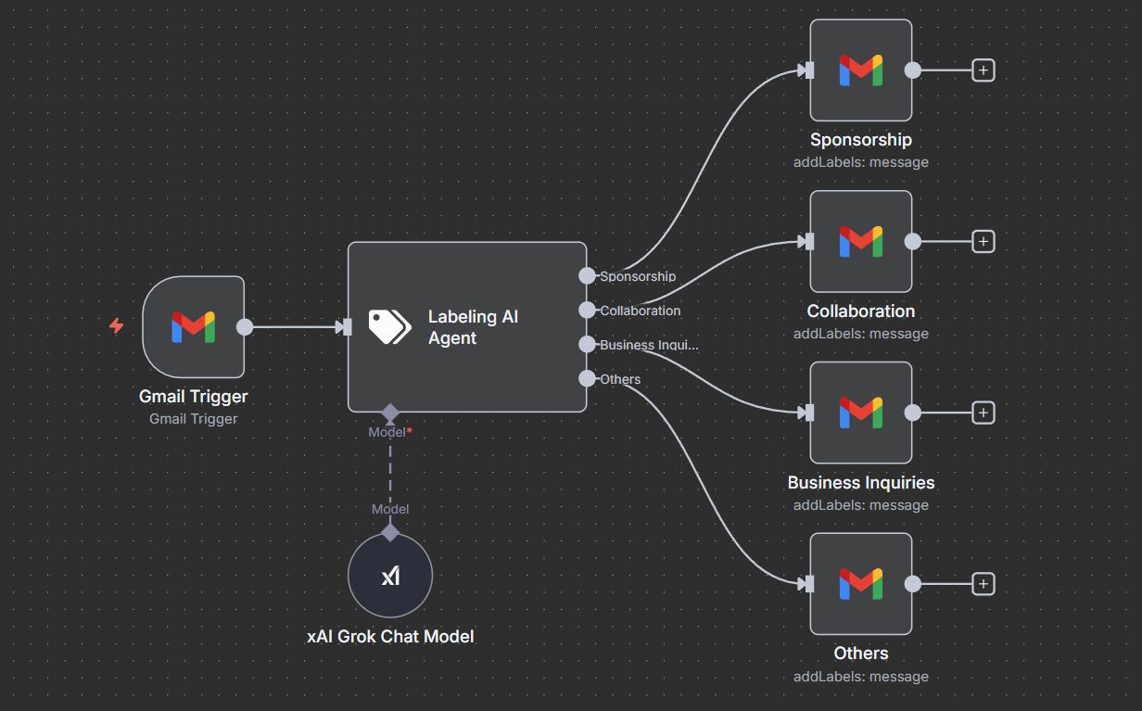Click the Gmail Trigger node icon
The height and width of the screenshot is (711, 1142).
(x=193, y=326)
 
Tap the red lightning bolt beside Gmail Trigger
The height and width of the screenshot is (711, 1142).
(x=116, y=326)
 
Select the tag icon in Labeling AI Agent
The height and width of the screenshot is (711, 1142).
(x=389, y=326)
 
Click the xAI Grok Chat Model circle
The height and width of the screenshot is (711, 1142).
(x=390, y=575)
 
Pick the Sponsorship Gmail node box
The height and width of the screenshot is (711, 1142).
(x=860, y=70)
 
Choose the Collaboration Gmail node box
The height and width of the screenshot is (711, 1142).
(x=860, y=242)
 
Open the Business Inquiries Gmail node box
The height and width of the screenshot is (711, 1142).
(x=860, y=413)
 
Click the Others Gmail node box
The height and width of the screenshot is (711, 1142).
(x=860, y=584)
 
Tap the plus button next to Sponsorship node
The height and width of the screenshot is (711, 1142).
(x=983, y=70)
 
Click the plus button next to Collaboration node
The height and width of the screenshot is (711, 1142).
(x=983, y=242)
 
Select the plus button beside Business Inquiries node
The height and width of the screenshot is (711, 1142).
(x=983, y=413)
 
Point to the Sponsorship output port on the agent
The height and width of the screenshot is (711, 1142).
(x=587, y=275)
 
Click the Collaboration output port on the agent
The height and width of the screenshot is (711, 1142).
(x=587, y=310)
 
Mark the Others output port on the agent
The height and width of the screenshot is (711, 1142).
(x=587, y=378)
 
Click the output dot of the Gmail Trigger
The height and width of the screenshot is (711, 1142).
(x=245, y=326)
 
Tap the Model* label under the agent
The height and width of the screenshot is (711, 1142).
(x=389, y=432)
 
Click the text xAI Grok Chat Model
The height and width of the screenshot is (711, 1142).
(x=390, y=637)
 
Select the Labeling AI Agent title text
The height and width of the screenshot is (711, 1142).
(x=473, y=327)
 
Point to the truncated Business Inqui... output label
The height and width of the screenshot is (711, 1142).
(x=649, y=345)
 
